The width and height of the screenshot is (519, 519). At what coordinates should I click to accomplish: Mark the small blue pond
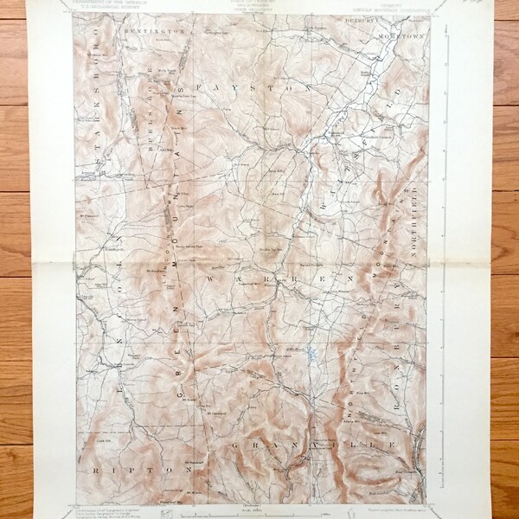pos(309,353)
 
